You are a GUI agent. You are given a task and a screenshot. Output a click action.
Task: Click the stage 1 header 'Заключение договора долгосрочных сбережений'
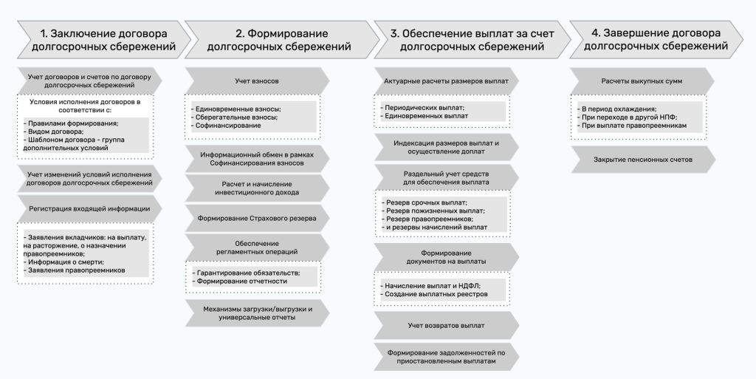tap(103, 40)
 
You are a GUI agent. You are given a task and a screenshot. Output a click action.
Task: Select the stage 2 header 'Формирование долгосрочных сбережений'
tap(281, 40)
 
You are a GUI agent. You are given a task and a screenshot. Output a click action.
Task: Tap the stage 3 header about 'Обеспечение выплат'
tap(472, 40)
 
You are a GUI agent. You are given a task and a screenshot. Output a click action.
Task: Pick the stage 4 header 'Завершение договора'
tap(656, 40)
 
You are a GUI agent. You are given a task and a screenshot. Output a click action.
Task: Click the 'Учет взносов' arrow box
tap(257, 81)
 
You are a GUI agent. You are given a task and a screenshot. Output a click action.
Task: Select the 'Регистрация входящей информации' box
tap(89, 209)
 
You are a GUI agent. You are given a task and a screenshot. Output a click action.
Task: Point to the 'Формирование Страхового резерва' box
tap(257, 219)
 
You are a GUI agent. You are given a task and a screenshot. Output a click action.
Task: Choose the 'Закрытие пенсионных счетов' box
tap(643, 160)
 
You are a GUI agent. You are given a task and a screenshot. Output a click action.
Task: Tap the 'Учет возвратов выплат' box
tap(446, 326)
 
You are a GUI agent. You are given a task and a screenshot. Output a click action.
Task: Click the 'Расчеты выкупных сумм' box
tap(642, 81)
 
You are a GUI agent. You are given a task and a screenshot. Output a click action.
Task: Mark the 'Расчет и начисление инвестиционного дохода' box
tap(257, 188)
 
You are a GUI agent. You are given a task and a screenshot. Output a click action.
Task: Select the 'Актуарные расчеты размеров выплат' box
tap(446, 81)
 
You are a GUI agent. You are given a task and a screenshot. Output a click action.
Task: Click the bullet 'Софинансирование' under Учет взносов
tap(226, 126)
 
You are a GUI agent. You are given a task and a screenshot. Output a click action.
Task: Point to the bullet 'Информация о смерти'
tap(63, 262)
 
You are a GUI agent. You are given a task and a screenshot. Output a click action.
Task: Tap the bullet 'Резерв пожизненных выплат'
tap(433, 211)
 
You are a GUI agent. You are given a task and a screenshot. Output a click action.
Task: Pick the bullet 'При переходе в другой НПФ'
tap(628, 117)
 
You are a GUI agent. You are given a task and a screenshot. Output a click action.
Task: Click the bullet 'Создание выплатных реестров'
tap(434, 294)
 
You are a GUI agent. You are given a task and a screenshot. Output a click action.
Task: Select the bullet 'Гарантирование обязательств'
tap(246, 273)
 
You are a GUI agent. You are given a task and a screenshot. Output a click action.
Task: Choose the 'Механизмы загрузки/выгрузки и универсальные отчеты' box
tap(257, 313)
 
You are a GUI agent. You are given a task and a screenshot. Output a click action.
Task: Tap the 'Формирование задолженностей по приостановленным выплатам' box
tap(446, 357)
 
